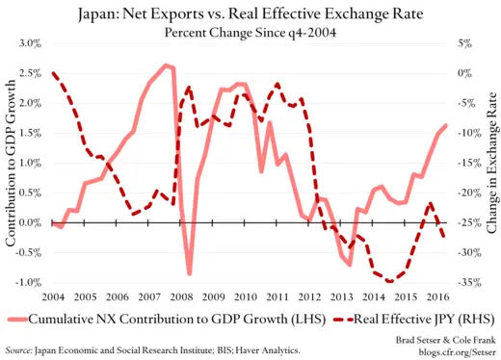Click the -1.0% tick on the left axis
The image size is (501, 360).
point(27,282)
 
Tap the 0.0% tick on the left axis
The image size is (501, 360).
point(29,222)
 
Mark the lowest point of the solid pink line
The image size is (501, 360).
point(190,274)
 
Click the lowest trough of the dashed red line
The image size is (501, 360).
point(388,281)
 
